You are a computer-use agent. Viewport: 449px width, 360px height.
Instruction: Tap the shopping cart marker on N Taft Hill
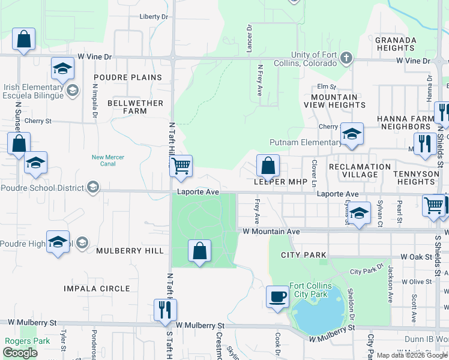pyautogui.click(x=181, y=165)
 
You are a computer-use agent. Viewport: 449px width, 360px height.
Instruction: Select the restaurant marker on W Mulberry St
pyautogui.click(x=164, y=310)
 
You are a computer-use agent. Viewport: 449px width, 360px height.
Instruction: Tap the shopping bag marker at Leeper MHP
pyautogui.click(x=268, y=165)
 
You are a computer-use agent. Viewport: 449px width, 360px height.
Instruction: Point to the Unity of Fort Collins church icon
pyautogui.click(x=346, y=58)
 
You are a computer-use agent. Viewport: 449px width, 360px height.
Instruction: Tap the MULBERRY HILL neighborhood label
pyautogui.click(x=130, y=251)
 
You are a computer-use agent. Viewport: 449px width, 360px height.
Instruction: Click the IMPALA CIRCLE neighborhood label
pyautogui.click(x=97, y=289)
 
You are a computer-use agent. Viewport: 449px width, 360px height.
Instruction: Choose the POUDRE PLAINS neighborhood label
pyautogui.click(x=128, y=77)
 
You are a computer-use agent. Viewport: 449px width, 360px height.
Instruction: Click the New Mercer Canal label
pyautogui.click(x=108, y=160)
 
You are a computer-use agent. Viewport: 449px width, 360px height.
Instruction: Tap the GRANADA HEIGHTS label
pyautogui.click(x=396, y=44)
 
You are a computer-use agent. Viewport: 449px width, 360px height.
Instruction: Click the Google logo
pyautogui.click(x=20, y=353)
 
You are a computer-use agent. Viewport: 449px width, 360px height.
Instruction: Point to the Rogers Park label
pyautogui.click(x=21, y=341)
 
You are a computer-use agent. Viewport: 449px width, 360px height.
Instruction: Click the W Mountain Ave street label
pyautogui.click(x=271, y=231)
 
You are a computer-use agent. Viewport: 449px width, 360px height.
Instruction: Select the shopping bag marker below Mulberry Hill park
pyautogui.click(x=200, y=251)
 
